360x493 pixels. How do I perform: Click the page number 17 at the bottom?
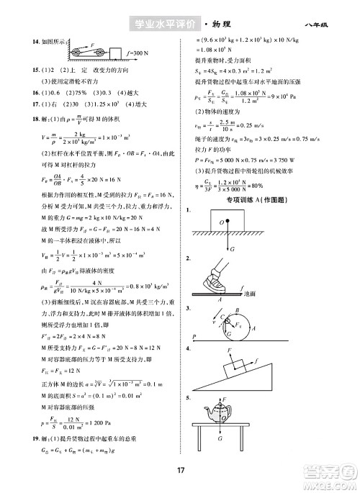tap(180, 470)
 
